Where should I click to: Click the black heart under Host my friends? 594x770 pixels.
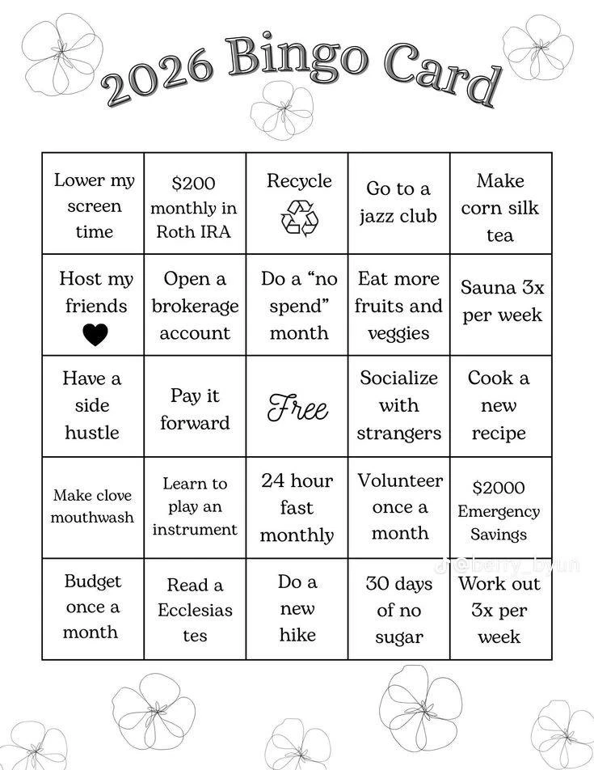(x=95, y=334)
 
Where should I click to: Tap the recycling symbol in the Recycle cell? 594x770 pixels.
(x=299, y=218)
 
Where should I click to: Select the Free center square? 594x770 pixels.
(x=298, y=407)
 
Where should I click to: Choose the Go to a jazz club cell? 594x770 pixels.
(x=398, y=203)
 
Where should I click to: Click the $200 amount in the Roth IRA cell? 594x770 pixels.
(x=194, y=184)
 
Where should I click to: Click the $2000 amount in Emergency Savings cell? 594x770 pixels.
(x=499, y=488)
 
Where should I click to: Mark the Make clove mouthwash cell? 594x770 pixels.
(x=93, y=506)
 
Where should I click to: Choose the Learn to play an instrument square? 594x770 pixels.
(x=195, y=506)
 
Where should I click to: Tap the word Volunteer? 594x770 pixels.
(x=400, y=481)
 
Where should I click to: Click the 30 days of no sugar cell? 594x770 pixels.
(x=399, y=609)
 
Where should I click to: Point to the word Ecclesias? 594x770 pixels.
(x=195, y=610)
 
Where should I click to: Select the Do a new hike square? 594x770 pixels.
(x=297, y=608)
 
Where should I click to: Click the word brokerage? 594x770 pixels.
(x=195, y=307)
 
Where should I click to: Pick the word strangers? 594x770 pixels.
(x=399, y=434)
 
